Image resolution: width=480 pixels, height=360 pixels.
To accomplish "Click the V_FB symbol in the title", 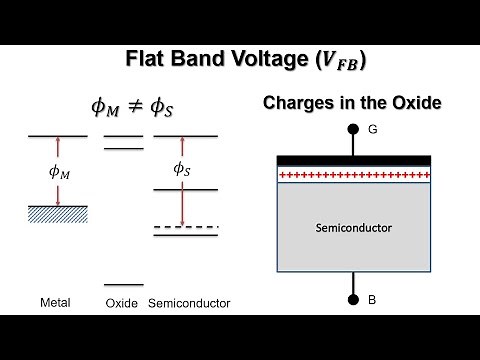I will [x=336, y=60].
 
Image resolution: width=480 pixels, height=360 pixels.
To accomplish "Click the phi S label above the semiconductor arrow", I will [x=181, y=169].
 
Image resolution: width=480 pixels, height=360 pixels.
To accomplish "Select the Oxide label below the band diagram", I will [x=121, y=303].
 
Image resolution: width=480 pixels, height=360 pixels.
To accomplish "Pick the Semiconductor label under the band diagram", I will [x=189, y=303].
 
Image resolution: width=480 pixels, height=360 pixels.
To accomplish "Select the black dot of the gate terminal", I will [x=352, y=130].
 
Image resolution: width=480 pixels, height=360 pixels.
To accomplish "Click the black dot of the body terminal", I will [x=352, y=299].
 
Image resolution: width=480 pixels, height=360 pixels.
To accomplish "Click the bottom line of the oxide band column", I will [x=123, y=284].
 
